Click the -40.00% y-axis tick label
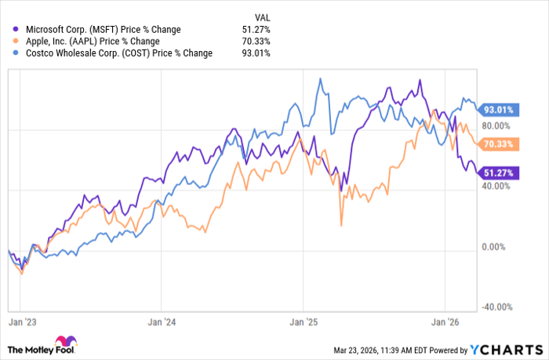point(494,307)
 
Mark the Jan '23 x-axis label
point(20,321)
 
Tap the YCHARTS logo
point(505,349)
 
